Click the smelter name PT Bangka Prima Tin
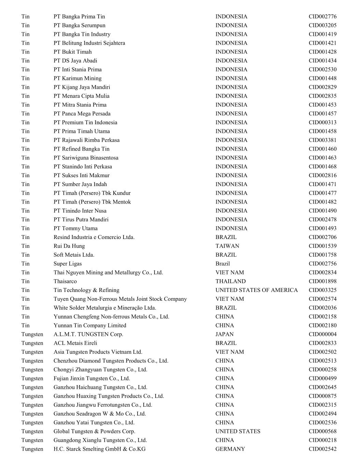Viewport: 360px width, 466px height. pyautogui.click(x=79, y=16)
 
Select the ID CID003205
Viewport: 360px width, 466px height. pyautogui.click(x=322, y=25)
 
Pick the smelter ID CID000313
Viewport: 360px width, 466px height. pyautogui.click(x=322, y=122)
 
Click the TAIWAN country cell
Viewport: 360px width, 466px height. pyautogui.click(x=227, y=246)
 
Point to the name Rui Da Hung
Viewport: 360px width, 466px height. pyautogui.click(x=69, y=246)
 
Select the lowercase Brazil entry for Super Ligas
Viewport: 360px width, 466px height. pyautogui.click(x=222, y=264)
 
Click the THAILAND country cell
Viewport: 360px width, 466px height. pyautogui.click(x=230, y=281)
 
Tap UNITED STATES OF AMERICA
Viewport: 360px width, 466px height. pyautogui.click(x=256, y=290)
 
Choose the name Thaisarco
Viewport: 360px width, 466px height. pyautogui.click(x=65, y=281)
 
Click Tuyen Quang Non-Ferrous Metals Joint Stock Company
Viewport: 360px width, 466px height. pyautogui.click(x=120, y=299)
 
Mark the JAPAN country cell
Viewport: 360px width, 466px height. pyautogui.click(x=225, y=334)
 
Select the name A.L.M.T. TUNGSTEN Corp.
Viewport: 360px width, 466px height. pyautogui.click(x=88, y=334)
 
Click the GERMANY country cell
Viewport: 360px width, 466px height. pyautogui.click(x=230, y=449)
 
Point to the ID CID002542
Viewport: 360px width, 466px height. pyautogui.click(x=322, y=449)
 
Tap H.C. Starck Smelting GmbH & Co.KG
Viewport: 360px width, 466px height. pyautogui.click(x=99, y=449)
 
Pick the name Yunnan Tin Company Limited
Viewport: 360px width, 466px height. pyautogui.click(x=90, y=325)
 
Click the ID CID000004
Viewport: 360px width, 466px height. pyautogui.click(x=322, y=334)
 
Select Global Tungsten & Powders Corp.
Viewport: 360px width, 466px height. pyautogui.click(x=94, y=431)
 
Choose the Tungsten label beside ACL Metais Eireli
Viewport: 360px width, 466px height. pyautogui.click(x=32, y=343)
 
